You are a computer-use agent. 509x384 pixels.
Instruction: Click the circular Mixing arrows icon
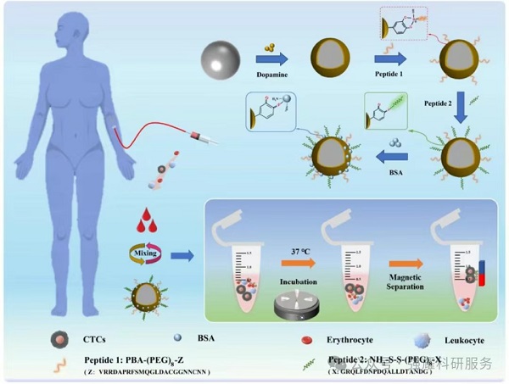[x=140, y=253]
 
